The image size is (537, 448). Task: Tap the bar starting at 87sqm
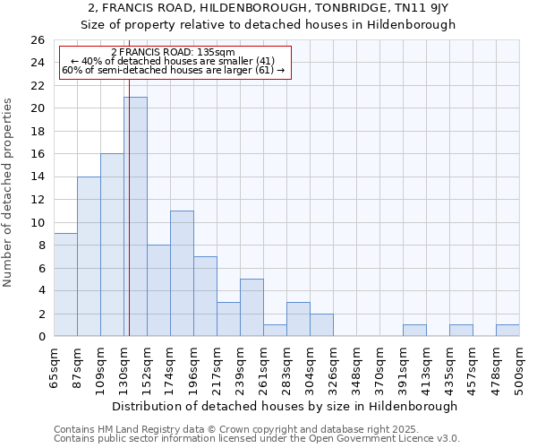tap(89, 256)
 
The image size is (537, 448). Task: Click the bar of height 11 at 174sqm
tap(182, 273)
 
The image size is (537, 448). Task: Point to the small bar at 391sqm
tap(414, 331)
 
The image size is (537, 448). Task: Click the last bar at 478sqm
tap(507, 331)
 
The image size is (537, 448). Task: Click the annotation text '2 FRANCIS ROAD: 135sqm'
tap(173, 52)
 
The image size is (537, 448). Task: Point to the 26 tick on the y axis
tap(38, 40)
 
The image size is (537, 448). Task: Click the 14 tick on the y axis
tap(38, 177)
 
